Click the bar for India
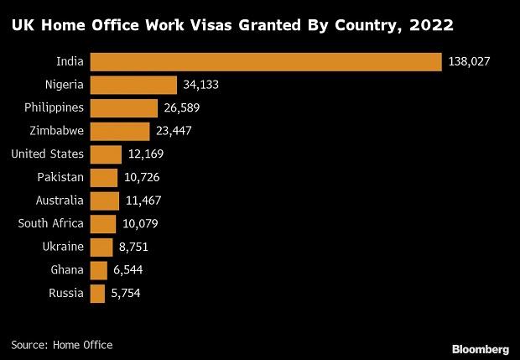(x=265, y=62)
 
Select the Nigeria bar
(x=133, y=85)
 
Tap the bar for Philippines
(x=123, y=108)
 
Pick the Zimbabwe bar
(x=119, y=131)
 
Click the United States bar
(x=106, y=154)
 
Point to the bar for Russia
(x=97, y=293)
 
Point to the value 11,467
(x=144, y=201)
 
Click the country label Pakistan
(x=60, y=177)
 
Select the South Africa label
(x=51, y=223)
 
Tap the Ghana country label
(x=67, y=270)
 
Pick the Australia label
(x=60, y=201)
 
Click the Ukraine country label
(x=63, y=247)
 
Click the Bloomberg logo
(x=480, y=347)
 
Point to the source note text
(x=62, y=345)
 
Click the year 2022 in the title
(x=430, y=25)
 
